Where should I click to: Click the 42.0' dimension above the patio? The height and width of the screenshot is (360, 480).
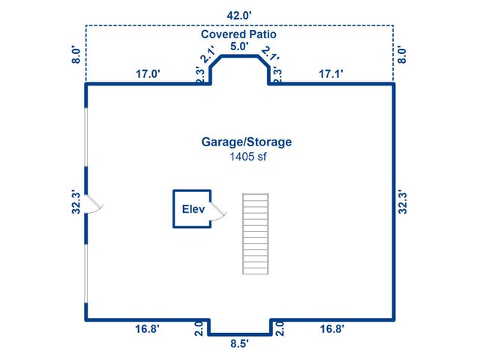coord(239,15)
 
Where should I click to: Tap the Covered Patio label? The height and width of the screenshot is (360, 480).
coord(238,34)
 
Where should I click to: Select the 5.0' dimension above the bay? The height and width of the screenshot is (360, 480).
coord(239,46)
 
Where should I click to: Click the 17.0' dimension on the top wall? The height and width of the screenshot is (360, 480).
coord(148,73)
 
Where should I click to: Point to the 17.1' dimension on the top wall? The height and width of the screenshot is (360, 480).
coord(331,73)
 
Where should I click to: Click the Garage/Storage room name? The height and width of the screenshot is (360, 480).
coord(247,142)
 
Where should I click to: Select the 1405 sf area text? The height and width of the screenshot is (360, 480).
coord(248,157)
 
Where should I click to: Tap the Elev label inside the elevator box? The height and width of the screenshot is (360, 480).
coord(193,209)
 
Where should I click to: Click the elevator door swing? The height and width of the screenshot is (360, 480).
coord(219,211)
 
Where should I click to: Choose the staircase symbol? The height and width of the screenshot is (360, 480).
coord(255,233)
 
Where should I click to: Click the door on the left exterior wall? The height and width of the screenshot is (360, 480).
coord(94,204)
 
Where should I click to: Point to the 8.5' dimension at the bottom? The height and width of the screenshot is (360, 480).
coord(239,343)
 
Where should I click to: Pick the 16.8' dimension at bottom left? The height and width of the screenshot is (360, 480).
coord(147,328)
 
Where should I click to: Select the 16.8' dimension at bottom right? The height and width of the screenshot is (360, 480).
coord(332,328)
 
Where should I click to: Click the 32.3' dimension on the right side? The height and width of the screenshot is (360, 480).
coord(403,202)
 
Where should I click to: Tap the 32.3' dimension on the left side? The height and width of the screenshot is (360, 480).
coord(76,202)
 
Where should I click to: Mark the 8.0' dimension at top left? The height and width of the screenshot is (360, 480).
coord(76,55)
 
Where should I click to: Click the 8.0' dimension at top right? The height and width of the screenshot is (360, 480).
coord(402,55)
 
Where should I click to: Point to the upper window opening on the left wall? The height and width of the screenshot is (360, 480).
coord(86,136)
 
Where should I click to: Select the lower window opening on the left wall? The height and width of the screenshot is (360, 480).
coord(86,274)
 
